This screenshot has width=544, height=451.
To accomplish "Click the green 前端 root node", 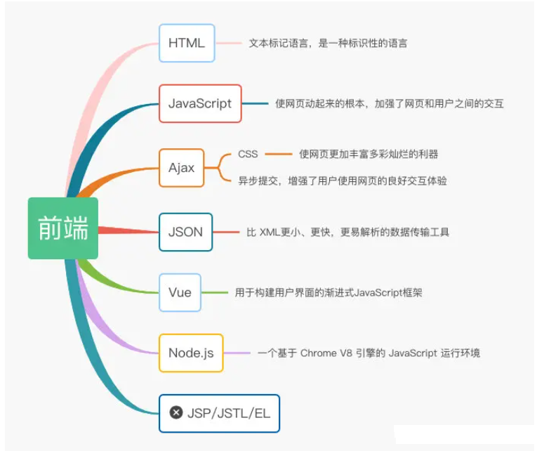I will click(63, 228).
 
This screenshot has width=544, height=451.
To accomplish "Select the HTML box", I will click(187, 43).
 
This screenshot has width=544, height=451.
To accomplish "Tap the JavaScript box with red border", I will click(200, 103).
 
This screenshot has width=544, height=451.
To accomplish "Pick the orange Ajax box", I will click(182, 168).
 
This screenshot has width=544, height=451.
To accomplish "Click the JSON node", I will click(185, 232).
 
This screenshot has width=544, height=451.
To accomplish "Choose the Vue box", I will click(180, 292).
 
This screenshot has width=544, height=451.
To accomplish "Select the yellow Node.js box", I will click(191, 353).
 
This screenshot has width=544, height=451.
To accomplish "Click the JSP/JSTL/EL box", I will click(219, 413).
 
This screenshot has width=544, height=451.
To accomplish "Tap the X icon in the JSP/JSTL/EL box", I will click(176, 413).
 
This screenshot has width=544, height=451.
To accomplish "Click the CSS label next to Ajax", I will click(248, 154).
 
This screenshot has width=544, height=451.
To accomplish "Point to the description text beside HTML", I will click(328, 43).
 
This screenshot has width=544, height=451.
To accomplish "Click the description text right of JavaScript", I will click(390, 103).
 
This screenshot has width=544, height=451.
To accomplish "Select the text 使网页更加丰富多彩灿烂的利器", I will click(369, 154).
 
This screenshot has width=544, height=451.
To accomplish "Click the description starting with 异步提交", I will click(343, 181).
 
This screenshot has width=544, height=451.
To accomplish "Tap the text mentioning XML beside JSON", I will click(347, 232).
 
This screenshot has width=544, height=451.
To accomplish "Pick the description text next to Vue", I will click(329, 292).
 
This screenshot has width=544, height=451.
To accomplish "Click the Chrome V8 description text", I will click(369, 353).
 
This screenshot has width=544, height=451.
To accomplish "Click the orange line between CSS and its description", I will click(279, 154).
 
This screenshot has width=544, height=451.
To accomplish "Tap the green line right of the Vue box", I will click(215, 292).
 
